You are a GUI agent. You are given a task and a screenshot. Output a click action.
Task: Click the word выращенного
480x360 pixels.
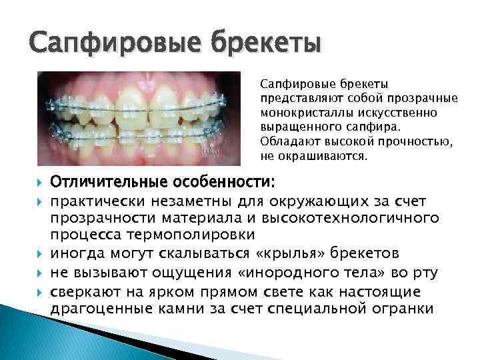click(x=300, y=127)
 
